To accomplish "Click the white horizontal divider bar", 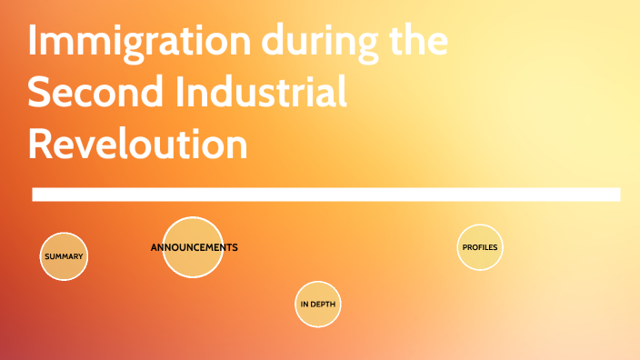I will tap(325, 195).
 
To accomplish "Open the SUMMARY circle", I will tap(64, 256).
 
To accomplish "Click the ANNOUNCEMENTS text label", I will tap(194, 247).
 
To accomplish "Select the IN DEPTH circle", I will tap(318, 304).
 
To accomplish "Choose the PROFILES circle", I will tap(480, 247).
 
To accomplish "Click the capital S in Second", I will tap(40, 94).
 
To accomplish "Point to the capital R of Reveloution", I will tap(41, 143).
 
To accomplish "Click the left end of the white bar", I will tap(35, 195).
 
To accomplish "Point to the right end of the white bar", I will tap(618, 195).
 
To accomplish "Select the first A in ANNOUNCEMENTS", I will tap(154, 247).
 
